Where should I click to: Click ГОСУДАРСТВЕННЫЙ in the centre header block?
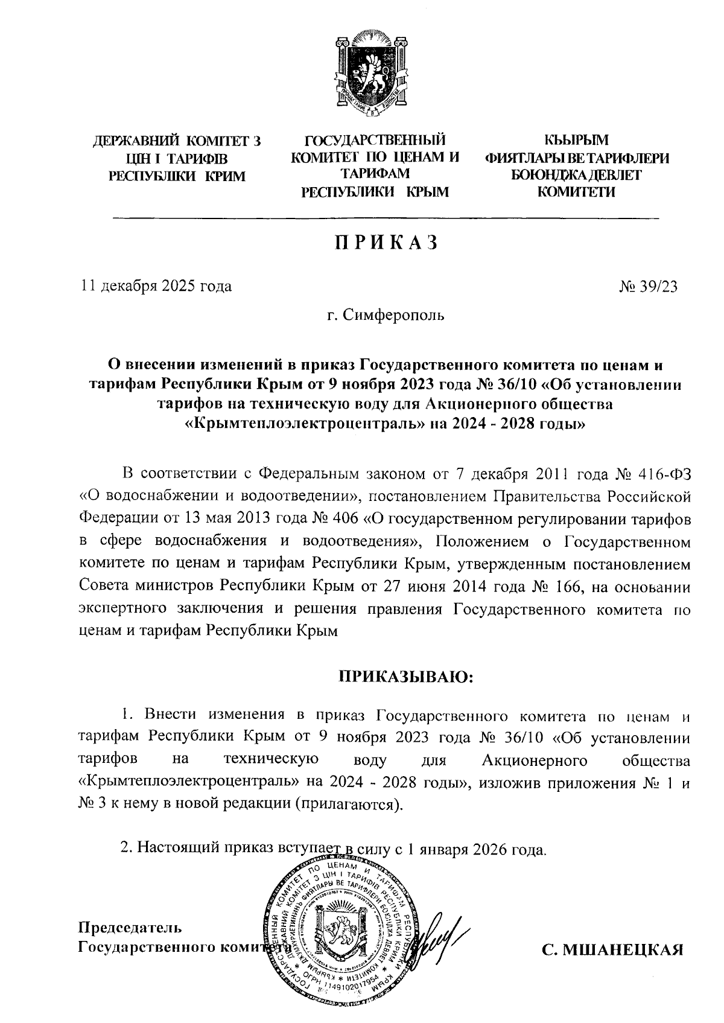[375, 142]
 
